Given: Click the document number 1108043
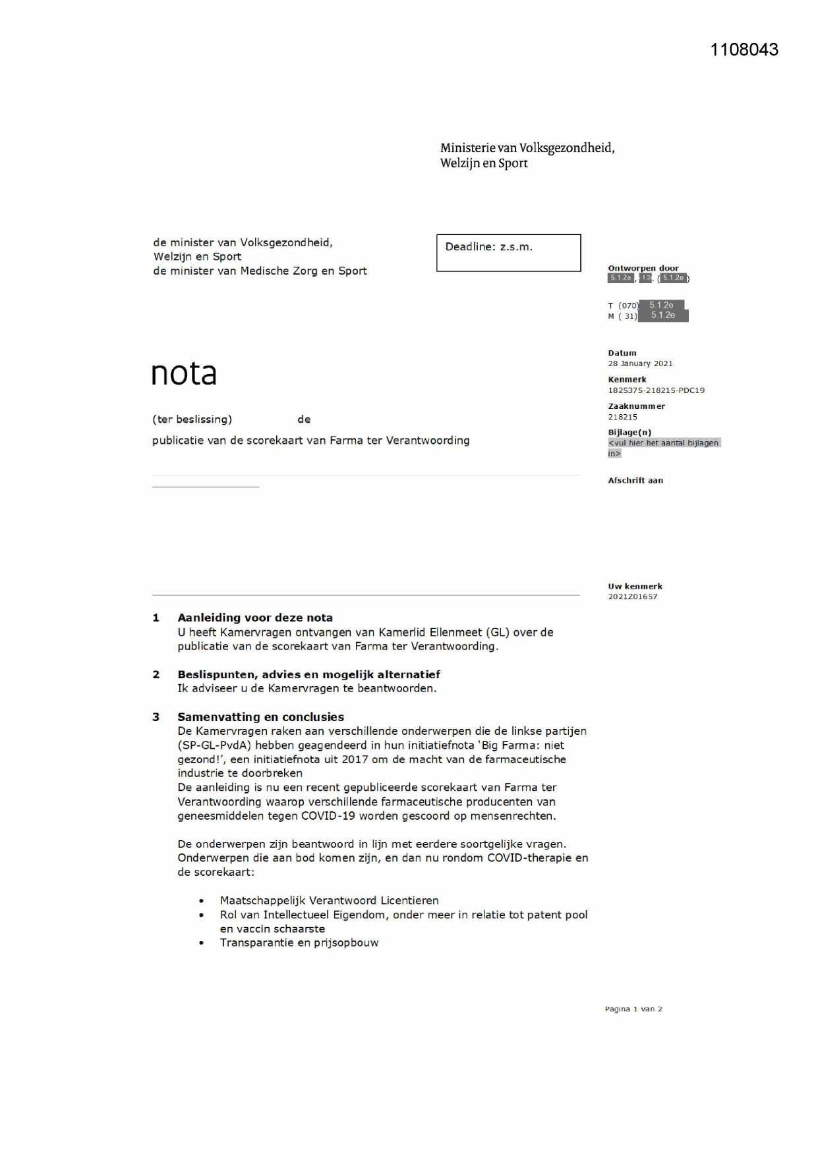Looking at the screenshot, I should click(x=744, y=50).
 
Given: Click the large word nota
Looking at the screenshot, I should click(x=184, y=374).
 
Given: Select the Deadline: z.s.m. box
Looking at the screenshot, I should click(x=508, y=252).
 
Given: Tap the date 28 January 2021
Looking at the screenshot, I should click(x=639, y=363).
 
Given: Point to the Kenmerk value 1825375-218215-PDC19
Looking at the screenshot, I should click(x=656, y=390).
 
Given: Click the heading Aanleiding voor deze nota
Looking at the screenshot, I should click(x=254, y=618).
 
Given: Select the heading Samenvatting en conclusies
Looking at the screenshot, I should click(x=260, y=717).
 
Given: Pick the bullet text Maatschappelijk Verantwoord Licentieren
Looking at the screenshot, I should click(x=329, y=900).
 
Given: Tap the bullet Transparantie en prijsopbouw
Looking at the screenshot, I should click(x=299, y=942).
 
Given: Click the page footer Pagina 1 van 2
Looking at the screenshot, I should click(x=633, y=1009).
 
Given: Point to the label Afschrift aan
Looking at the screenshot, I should click(x=635, y=481).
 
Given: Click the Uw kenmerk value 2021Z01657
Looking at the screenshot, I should click(x=632, y=597).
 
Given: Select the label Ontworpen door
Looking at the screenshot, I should click(x=643, y=268).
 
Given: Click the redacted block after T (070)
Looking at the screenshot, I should click(x=662, y=305).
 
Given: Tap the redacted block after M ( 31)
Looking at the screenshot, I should click(x=663, y=315).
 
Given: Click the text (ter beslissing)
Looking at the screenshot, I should click(x=192, y=419).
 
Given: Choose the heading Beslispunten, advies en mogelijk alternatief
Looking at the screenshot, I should click(x=308, y=674).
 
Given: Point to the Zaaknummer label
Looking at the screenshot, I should click(x=636, y=406).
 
